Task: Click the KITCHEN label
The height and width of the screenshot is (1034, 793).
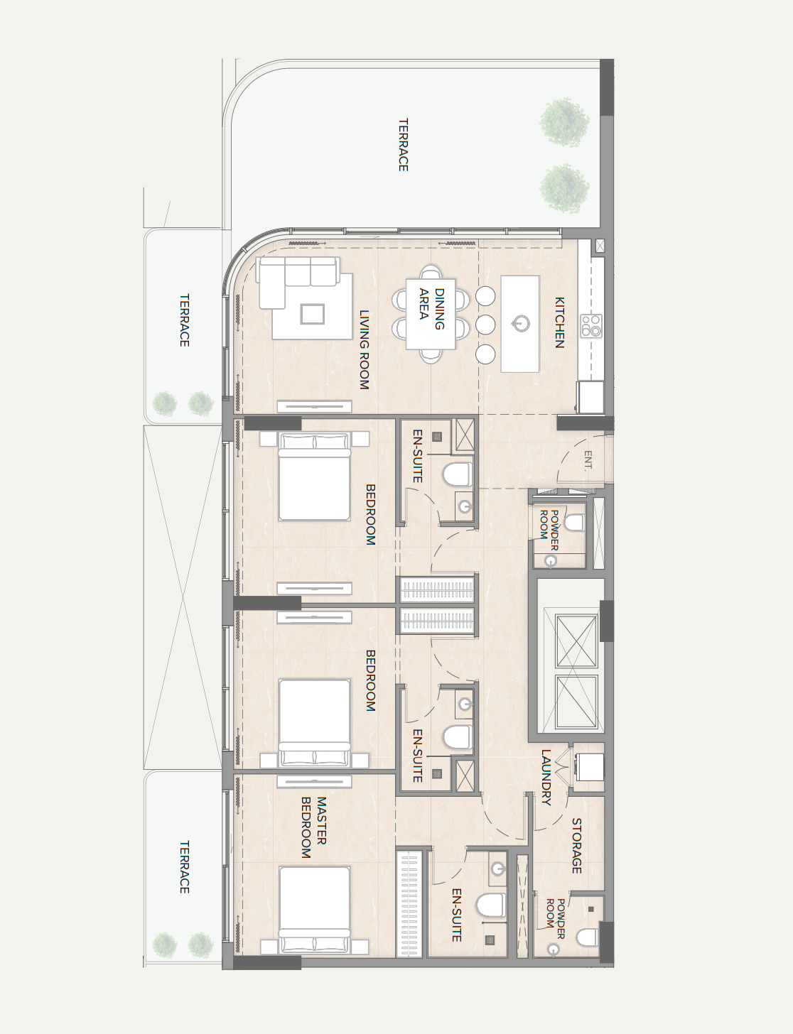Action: tap(560, 322)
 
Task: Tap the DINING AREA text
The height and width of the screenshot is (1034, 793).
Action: tap(431, 310)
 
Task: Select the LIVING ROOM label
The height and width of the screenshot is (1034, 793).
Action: tap(364, 349)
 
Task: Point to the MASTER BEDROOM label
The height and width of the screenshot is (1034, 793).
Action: tap(314, 827)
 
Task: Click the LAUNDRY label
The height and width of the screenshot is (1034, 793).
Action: tap(546, 778)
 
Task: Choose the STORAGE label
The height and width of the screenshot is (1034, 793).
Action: tap(576, 846)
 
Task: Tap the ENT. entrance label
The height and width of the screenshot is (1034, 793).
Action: tap(588, 461)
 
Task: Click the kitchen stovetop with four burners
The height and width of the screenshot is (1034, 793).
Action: tap(591, 326)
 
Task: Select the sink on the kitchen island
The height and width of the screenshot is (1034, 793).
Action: tap(520, 324)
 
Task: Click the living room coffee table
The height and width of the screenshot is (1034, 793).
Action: tap(312, 314)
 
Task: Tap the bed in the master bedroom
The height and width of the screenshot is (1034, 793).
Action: tap(314, 910)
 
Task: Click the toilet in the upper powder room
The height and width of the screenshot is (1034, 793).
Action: tap(574, 523)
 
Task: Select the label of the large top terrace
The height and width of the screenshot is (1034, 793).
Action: tap(403, 145)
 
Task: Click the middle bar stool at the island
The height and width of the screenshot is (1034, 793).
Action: tap(485, 325)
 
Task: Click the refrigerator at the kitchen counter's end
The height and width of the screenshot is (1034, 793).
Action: tap(590, 397)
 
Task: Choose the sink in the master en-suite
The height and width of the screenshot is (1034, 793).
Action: tap(498, 869)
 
